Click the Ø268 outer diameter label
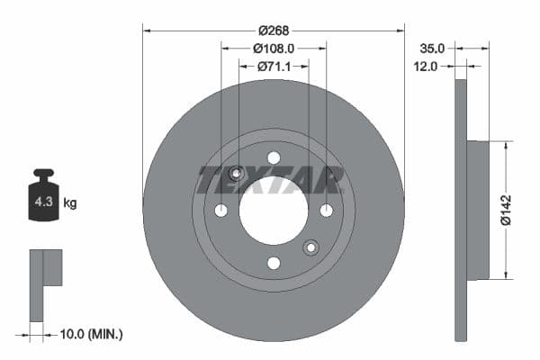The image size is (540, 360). pyautogui.click(x=274, y=30)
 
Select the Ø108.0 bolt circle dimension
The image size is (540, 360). pyautogui.click(x=274, y=48)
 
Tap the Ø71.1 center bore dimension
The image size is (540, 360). pyautogui.click(x=274, y=66)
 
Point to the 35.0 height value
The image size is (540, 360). pyautogui.click(x=433, y=48)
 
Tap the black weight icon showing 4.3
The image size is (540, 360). pyautogui.click(x=43, y=199)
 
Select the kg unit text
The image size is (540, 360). pyautogui.click(x=70, y=203)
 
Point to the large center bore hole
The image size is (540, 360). pyautogui.click(x=274, y=211)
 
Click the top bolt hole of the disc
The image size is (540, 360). pyautogui.click(x=274, y=158)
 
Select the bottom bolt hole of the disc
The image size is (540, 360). pyautogui.click(x=274, y=263)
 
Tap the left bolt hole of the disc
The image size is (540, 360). pyautogui.click(x=221, y=211)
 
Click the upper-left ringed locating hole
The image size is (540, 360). pyautogui.click(x=237, y=174)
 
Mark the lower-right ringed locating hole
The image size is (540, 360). pyautogui.click(x=311, y=247)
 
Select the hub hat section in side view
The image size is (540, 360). pyautogui.click(x=478, y=210)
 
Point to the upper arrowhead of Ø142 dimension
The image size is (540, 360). pyautogui.click(x=505, y=145)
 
